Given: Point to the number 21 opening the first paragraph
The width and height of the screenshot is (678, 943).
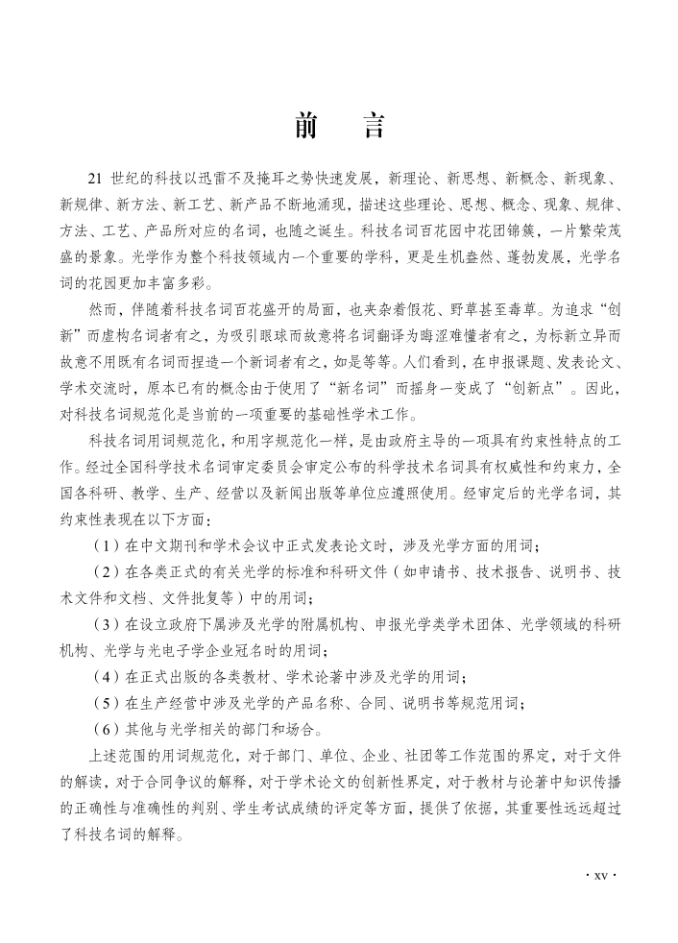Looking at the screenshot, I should (94, 179).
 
